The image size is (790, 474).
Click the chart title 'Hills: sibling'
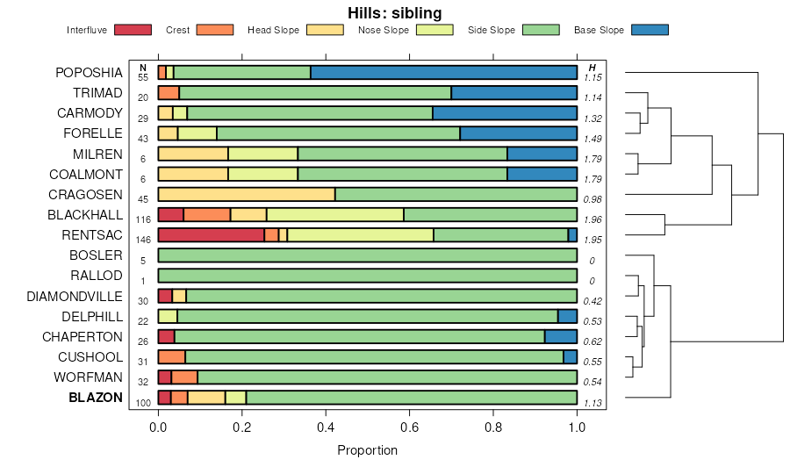click(x=394, y=12)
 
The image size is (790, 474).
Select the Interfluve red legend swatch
click(x=132, y=30)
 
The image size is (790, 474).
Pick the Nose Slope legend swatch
click(x=433, y=30)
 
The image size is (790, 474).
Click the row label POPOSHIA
click(x=89, y=73)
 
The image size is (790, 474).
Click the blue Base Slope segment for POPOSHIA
click(x=443, y=73)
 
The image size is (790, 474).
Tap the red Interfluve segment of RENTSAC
click(x=211, y=235)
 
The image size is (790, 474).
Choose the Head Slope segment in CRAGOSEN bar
click(x=246, y=194)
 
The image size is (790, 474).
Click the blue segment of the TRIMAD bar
click(x=513, y=93)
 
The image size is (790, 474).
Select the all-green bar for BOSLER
click(x=367, y=255)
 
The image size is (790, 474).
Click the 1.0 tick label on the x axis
click(x=577, y=428)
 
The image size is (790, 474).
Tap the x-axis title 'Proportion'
click(x=367, y=450)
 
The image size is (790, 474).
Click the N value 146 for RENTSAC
click(x=143, y=240)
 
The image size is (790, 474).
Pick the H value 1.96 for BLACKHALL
click(x=593, y=219)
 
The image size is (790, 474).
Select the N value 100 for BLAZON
click(x=143, y=402)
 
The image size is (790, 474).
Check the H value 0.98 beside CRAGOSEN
click(x=592, y=199)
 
